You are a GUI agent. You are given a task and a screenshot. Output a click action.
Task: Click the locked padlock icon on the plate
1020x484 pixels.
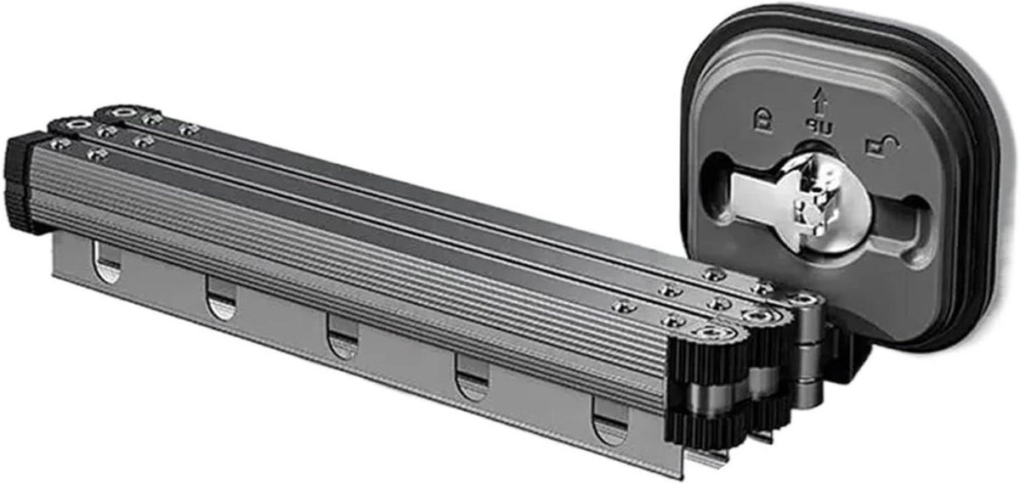tap(762, 120)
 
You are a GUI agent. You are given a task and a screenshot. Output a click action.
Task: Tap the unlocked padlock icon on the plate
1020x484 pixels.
tap(882, 146)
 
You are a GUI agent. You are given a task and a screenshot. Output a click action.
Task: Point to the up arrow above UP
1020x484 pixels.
tap(820, 100)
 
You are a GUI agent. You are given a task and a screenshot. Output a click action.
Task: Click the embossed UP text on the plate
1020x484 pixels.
tap(819, 127)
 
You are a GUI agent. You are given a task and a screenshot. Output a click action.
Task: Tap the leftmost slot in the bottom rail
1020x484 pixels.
tap(107, 262)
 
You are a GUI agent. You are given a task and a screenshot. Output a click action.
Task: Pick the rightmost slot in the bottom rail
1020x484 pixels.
tap(610, 421)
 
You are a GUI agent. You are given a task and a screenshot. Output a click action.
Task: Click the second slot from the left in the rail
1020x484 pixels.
tap(221, 297)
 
